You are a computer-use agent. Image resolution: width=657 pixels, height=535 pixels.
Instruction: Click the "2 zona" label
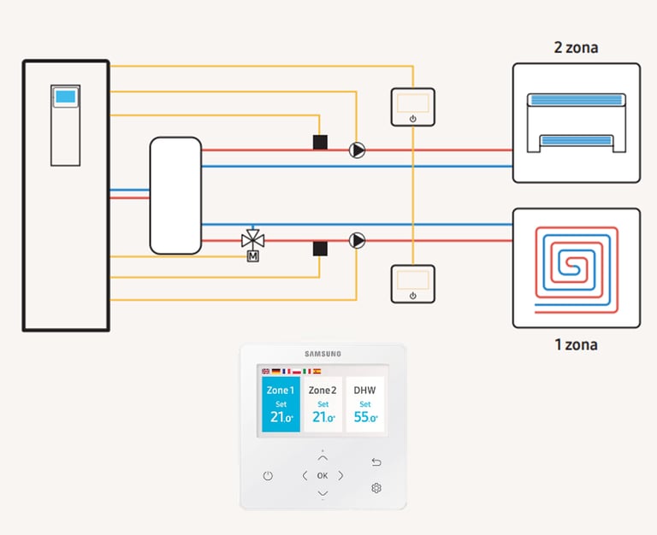pos(576,48)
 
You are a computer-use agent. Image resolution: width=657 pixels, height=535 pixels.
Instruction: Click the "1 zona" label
pos(576,344)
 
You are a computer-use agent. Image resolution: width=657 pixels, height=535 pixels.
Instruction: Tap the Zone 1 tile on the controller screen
pos(281,404)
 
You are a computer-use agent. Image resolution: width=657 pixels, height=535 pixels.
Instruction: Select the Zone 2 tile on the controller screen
pos(323,404)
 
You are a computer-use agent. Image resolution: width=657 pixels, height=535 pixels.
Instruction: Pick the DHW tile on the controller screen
pos(365,404)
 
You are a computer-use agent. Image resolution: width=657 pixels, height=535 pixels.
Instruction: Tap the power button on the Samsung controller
pos(268,475)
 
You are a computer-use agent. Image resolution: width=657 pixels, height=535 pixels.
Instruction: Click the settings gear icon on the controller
pos(376,488)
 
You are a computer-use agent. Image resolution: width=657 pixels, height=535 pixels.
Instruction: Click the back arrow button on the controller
pos(376,462)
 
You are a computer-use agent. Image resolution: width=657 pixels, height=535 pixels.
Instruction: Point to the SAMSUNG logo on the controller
pos(323,354)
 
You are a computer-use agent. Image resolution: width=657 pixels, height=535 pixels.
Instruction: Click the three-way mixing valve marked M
pos(252,244)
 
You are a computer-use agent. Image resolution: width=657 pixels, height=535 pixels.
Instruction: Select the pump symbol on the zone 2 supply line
pos(357,150)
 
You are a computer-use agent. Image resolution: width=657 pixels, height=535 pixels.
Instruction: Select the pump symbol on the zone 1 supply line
pos(357,240)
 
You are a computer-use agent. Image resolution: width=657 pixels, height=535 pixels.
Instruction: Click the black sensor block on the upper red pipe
pos(320,143)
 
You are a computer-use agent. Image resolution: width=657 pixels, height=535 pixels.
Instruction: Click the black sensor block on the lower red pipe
pos(320,249)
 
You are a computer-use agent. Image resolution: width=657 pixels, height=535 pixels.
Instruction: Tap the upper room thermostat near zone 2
pos(412,107)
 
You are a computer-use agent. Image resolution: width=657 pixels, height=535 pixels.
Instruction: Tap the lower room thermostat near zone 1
pos(412,284)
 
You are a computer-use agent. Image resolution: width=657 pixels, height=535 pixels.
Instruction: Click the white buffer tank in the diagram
pos(175,196)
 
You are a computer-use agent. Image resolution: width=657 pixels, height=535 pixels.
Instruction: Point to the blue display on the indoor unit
pos(65,97)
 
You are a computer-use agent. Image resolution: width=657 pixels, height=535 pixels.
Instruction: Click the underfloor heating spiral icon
pos(577,269)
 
